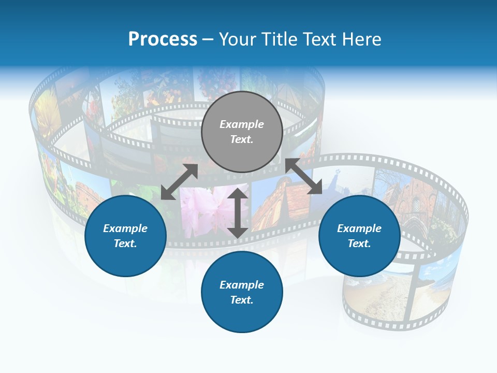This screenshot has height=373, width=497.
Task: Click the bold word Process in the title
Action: pos(163,39)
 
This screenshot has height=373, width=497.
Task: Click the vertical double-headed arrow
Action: pos(237,213)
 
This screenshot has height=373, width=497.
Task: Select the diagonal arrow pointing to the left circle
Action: pos(179,182)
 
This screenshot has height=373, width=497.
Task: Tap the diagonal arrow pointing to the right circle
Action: pos(304,177)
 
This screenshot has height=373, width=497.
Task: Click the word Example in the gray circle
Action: pos(242,124)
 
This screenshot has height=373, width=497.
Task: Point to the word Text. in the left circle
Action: pos(125,243)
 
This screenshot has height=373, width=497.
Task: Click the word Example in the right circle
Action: pos(359,228)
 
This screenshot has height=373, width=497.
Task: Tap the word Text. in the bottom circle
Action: pos(242,300)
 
